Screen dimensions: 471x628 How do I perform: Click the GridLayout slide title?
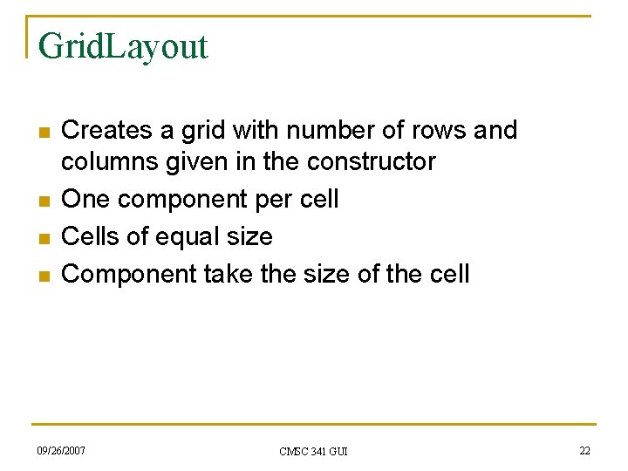(123, 46)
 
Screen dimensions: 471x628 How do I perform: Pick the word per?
(276, 200)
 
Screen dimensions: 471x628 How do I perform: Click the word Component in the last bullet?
(129, 275)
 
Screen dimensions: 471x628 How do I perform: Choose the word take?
(229, 275)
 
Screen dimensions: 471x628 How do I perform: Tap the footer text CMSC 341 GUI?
(313, 451)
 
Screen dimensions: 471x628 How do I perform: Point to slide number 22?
(584, 450)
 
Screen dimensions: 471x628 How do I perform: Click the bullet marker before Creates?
(42, 133)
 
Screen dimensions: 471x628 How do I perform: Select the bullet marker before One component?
(42, 201)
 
